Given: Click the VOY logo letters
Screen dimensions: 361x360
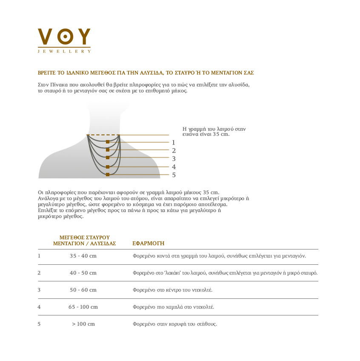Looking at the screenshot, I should click(x=64, y=37).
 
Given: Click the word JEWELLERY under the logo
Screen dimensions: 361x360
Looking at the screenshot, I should click(x=64, y=51).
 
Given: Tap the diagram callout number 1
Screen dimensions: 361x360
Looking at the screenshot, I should click(x=174, y=143).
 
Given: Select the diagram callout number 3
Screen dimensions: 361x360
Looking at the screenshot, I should click(x=174, y=158).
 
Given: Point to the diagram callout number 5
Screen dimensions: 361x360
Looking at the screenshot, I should click(x=174, y=175).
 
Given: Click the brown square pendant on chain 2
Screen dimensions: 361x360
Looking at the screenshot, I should click(x=108, y=150).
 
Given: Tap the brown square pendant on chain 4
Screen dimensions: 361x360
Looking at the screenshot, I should click(x=108, y=166).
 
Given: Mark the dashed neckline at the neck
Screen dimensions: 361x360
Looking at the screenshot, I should click(x=103, y=135).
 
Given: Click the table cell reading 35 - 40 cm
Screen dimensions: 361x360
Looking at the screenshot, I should click(x=83, y=256).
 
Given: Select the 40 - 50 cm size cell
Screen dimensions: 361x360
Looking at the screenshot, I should click(x=83, y=273).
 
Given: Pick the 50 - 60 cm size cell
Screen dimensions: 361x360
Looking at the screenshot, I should click(x=83, y=290).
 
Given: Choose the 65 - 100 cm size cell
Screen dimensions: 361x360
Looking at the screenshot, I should click(x=83, y=307).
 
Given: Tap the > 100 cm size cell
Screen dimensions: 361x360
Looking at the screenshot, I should click(x=83, y=324).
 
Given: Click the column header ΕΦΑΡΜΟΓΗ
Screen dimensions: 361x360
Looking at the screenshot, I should click(x=148, y=244).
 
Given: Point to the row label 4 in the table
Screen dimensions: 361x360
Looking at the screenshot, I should click(x=39, y=307).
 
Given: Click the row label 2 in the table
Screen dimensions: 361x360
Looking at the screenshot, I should click(x=39, y=273).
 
